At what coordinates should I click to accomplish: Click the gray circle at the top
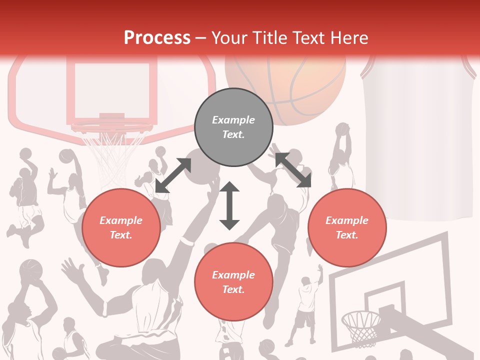233,127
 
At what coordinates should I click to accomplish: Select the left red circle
121,227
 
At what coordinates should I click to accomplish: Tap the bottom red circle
233,282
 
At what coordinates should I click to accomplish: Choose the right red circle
347,227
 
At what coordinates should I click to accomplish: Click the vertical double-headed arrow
229,205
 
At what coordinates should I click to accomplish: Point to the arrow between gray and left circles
173,175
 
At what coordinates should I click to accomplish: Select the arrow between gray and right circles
293,170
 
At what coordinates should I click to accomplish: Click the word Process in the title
157,38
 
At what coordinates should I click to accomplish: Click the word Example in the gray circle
233,120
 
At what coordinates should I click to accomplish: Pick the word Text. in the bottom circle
233,289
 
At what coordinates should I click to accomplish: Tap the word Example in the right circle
347,220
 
